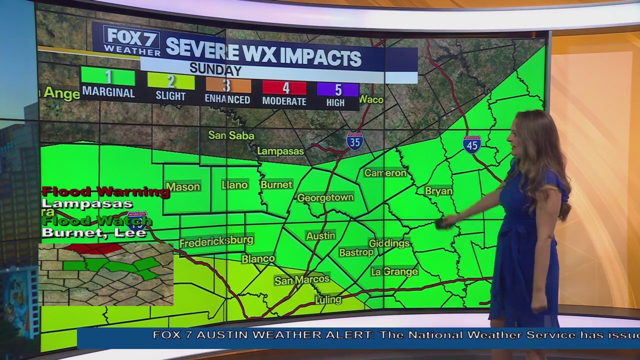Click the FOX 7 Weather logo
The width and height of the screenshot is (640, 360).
(132, 40)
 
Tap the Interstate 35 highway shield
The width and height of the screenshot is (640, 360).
(354, 141)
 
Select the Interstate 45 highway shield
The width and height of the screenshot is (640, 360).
(471, 144)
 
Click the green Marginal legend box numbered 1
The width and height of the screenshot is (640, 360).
(108, 77)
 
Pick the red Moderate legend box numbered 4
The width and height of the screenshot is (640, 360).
(284, 87)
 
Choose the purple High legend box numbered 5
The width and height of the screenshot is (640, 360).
(337, 89)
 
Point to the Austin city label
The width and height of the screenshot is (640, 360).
(320, 235)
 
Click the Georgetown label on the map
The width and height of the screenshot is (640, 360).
(325, 197)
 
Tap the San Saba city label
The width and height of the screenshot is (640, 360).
(231, 135)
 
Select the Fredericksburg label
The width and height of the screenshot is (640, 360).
(216, 241)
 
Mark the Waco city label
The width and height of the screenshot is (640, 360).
(371, 99)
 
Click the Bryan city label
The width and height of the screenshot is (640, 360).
(438, 190)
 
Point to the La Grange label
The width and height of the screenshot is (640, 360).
(394, 271)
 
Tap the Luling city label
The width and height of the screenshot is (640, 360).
(328, 299)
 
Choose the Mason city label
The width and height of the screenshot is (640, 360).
(183, 186)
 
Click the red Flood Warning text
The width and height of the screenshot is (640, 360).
(105, 191)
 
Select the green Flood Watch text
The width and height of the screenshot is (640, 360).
(96, 221)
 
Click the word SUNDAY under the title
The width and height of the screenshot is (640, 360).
(215, 69)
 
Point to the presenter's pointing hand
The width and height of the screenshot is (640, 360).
(443, 222)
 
